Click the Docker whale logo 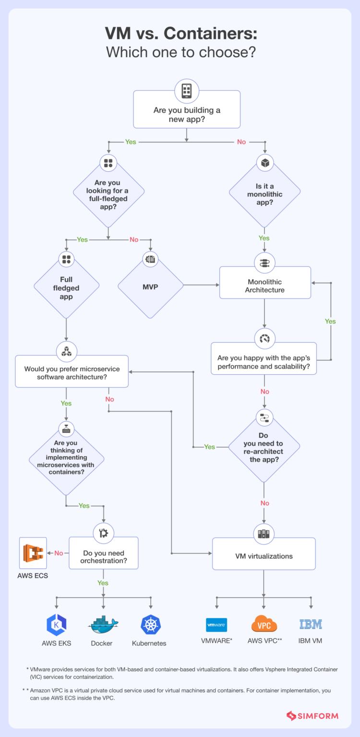tap(103, 624)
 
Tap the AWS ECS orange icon tap(33, 553)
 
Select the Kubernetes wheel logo tap(150, 624)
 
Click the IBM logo tap(311, 624)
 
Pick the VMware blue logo tap(216, 625)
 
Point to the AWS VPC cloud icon tap(264, 624)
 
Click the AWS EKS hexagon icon tap(56, 624)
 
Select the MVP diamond tap(151, 286)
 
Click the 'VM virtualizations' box tap(264, 556)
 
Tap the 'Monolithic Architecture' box tap(265, 286)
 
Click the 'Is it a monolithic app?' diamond tap(265, 194)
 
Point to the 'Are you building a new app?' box tap(187, 114)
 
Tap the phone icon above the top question tap(187, 90)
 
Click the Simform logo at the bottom tap(312, 716)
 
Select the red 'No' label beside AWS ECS tap(59, 553)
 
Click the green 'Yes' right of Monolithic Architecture tap(330, 321)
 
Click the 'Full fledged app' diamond tap(66, 288)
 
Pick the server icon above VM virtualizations tap(264, 533)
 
